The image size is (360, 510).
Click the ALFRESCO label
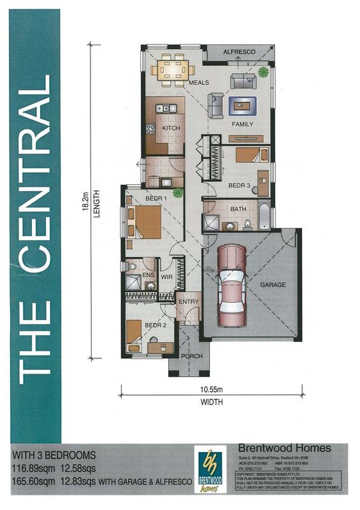coord(239,51)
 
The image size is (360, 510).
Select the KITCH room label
coord(171,129)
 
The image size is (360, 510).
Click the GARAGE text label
coord(273,285)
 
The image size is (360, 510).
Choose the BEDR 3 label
coord(239,186)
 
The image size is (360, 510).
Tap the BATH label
coord(239,208)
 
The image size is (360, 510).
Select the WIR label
coord(167,278)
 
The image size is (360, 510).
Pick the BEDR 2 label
coord(155,325)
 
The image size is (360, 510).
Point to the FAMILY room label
coord(242,124)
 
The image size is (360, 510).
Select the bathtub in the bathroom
coord(264,216)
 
